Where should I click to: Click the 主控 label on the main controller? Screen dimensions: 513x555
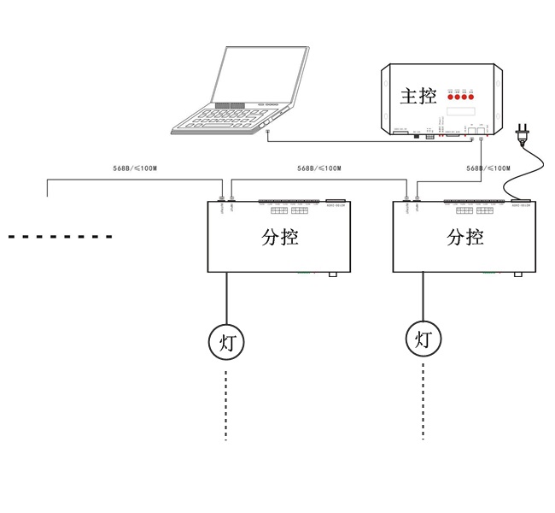tap(418, 96)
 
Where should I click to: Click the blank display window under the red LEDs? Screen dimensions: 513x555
tap(460, 112)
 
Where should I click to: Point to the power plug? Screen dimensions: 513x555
tap(523, 135)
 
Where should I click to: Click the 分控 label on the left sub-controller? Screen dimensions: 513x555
tap(280, 236)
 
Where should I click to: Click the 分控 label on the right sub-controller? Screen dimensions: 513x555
tap(464, 236)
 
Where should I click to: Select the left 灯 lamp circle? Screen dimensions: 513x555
tap(227, 343)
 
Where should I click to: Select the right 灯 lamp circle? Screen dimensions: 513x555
tap(424, 339)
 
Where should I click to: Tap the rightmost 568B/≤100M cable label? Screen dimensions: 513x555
tap(488, 168)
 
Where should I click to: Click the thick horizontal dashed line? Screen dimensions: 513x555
tap(60, 236)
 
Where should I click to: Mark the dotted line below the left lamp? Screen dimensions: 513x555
tap(226, 406)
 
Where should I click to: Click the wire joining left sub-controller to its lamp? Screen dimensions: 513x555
tap(227, 299)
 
